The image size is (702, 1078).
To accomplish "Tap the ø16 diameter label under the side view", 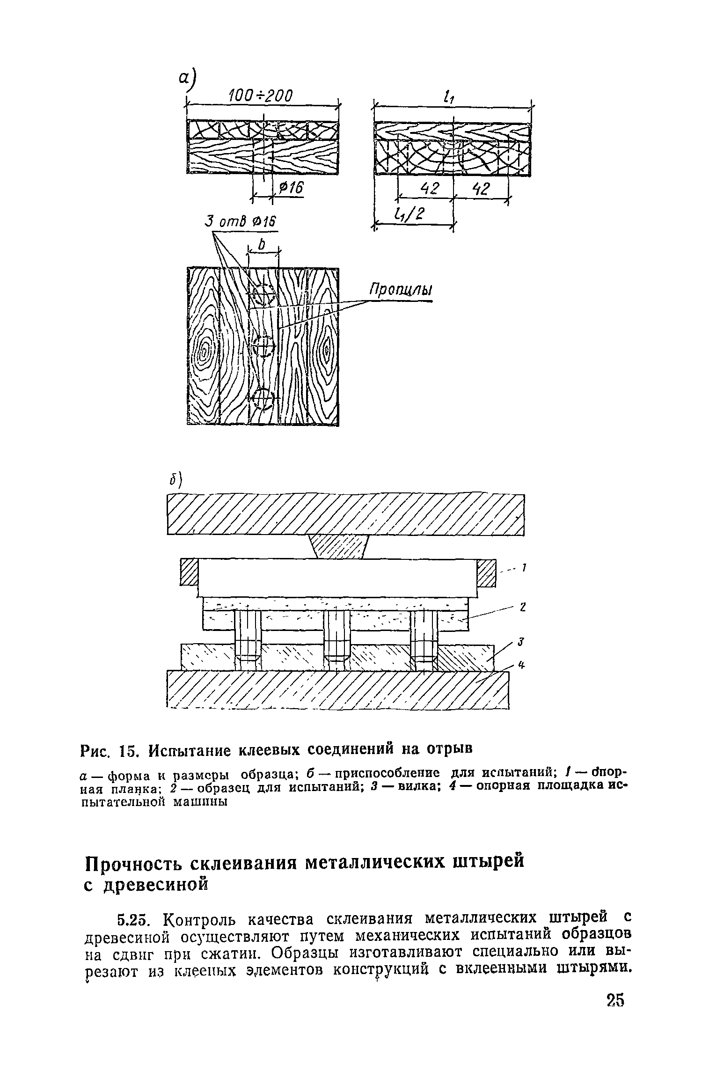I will click(x=291, y=188).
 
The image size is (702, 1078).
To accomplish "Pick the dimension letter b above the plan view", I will click(x=262, y=245).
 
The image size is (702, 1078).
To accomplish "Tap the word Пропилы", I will click(x=401, y=290).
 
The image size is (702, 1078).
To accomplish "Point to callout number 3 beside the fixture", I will click(x=519, y=643).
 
